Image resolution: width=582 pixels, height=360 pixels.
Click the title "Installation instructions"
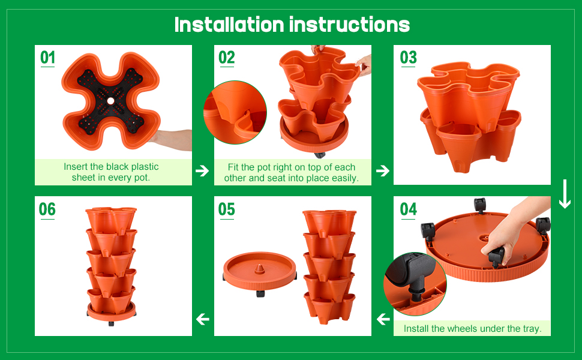pyautogui.click(x=292, y=25)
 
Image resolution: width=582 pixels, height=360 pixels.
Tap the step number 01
pyautogui.click(x=47, y=58)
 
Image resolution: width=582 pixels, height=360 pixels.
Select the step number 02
pyautogui.click(x=226, y=58)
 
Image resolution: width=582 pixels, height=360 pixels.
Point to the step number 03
pyautogui.click(x=408, y=58)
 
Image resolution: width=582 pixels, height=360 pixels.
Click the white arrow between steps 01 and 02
pyautogui.click(x=202, y=171)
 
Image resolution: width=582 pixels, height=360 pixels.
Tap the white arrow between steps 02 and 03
pyautogui.click(x=382, y=171)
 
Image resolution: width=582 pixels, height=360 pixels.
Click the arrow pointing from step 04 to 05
pyautogui.click(x=383, y=319)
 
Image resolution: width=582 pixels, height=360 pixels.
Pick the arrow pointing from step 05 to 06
pyautogui.click(x=203, y=319)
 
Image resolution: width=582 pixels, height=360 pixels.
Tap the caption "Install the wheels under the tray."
pyautogui.click(x=472, y=329)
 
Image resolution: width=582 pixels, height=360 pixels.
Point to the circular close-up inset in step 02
pyautogui.click(x=235, y=113)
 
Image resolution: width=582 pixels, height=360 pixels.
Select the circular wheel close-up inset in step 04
pyautogui.click(x=415, y=284)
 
